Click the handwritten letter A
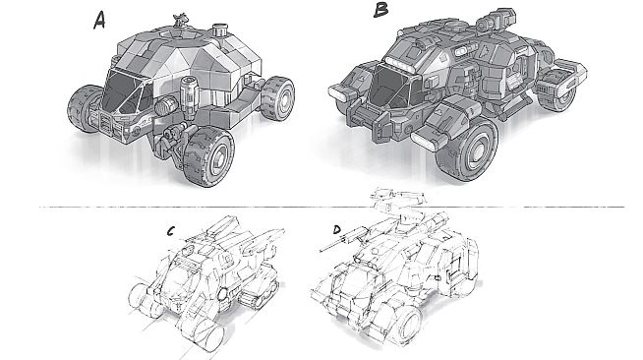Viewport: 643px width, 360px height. [x=99, y=20]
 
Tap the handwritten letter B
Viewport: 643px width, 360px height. [x=380, y=9]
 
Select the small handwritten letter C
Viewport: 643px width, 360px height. [x=171, y=232]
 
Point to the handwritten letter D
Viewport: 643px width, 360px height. [x=337, y=230]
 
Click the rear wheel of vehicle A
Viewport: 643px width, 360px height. [x=277, y=98]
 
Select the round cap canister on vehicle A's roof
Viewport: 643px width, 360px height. [x=220, y=30]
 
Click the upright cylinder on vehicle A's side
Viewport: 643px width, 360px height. [x=189, y=96]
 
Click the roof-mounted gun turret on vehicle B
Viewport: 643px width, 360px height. [x=496, y=20]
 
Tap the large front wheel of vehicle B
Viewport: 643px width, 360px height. [x=467, y=150]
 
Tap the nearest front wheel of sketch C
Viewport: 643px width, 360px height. [x=205, y=332]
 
